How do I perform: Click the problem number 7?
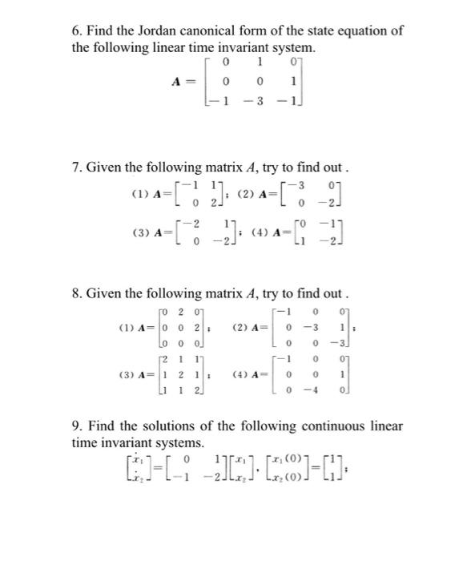[76, 169]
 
